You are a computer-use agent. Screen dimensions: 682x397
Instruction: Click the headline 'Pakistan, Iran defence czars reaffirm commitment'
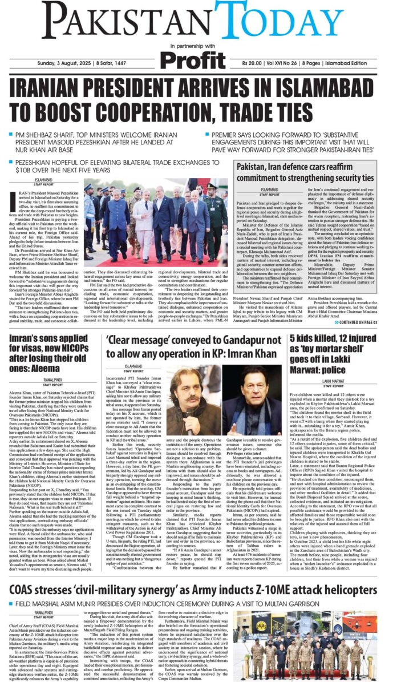click(313, 171)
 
